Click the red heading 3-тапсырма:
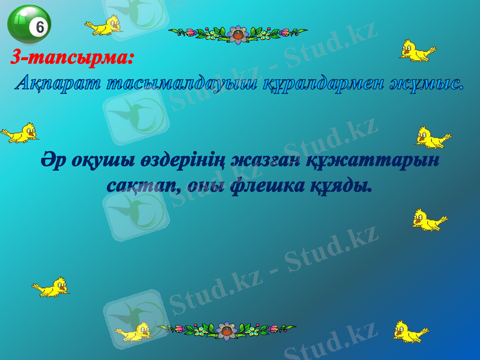point(72,58)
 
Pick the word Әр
point(53,161)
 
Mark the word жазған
point(269,162)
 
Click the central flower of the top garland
point(239,34)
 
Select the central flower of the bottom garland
point(226,329)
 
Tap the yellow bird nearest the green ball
point(105,26)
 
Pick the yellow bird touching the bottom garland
point(135,331)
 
